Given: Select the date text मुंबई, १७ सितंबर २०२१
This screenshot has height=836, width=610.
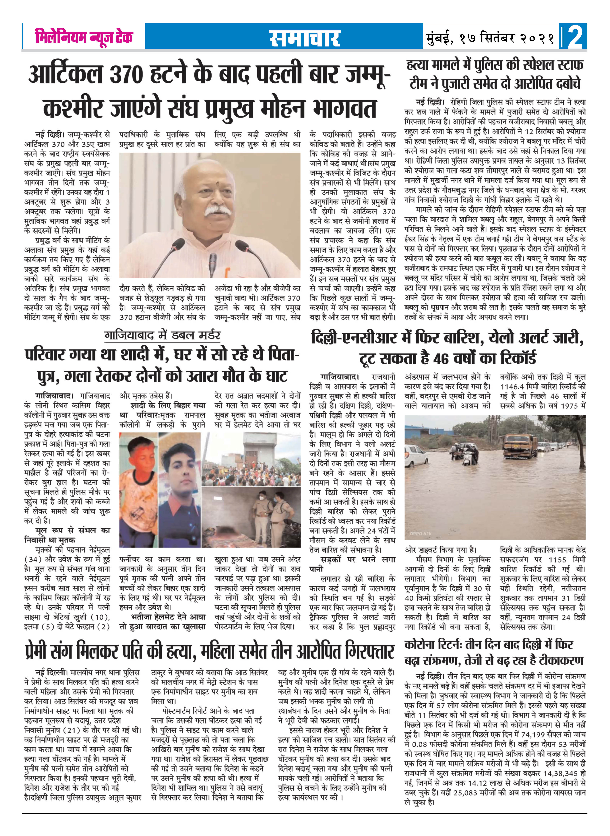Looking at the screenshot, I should click(490, 38).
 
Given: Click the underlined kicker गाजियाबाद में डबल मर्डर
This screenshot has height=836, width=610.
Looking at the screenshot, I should click(162, 335).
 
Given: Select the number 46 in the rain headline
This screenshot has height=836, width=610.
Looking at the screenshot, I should click(448, 358).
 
